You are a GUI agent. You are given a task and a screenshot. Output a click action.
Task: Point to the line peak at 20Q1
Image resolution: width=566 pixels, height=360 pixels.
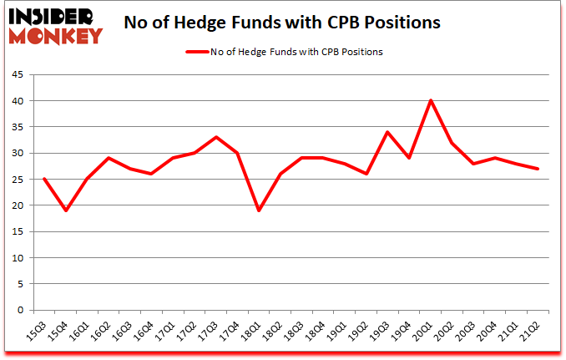point(430,101)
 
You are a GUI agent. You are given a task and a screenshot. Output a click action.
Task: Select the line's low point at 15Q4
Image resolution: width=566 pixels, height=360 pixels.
point(66,210)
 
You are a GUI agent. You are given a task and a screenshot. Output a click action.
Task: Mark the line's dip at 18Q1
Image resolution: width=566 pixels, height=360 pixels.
point(259,210)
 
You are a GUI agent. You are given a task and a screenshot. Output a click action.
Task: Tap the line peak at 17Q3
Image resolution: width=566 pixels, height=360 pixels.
point(216,137)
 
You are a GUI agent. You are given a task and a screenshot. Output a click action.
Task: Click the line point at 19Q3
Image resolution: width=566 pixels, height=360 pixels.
point(387,132)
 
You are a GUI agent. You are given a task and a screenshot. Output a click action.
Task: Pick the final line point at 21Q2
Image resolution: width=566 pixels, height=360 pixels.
point(536,169)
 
